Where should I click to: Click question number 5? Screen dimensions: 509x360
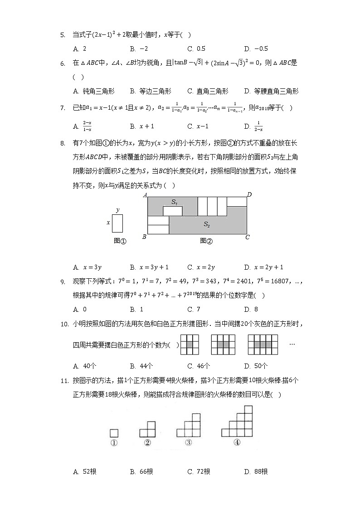point(63,34)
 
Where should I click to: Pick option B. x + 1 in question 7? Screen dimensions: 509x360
point(142,126)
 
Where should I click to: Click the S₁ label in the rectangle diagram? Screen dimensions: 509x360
point(175,201)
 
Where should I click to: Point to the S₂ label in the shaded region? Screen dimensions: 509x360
point(207,224)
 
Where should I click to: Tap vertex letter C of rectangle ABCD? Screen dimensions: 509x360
point(248,237)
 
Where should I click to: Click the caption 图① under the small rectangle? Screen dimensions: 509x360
point(120,241)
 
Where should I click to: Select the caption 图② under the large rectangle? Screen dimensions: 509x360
point(206,241)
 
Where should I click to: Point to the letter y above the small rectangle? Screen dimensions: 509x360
point(117,210)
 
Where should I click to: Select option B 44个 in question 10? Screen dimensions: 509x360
point(141,366)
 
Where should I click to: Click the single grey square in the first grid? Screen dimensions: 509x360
point(190,344)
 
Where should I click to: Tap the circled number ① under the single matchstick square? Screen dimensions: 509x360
point(114,443)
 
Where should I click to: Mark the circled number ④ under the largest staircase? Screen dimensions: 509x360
point(237,443)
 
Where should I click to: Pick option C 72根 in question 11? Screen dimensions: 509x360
point(199,472)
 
